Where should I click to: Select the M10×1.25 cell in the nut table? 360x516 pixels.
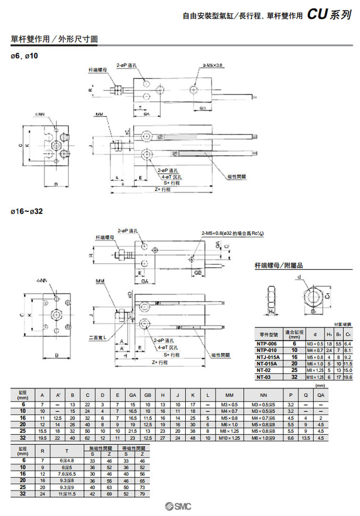315,377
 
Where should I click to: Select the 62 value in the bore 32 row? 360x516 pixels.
87,438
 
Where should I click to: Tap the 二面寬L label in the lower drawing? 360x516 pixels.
99,337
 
